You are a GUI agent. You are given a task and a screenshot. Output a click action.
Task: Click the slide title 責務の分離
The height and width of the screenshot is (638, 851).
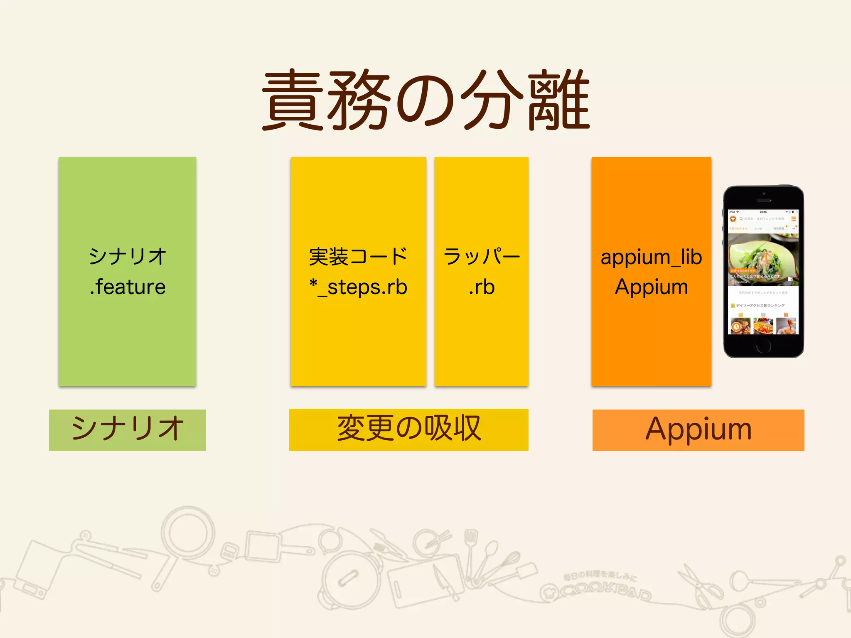(x=425, y=100)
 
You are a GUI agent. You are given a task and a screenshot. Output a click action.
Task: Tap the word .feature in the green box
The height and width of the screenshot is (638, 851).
(x=128, y=287)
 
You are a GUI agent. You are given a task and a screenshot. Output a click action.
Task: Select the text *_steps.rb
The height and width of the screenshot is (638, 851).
(x=358, y=287)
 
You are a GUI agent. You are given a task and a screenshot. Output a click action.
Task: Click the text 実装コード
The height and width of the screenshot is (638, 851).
(x=358, y=256)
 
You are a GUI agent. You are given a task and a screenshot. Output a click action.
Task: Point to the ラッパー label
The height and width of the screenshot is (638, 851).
(x=482, y=256)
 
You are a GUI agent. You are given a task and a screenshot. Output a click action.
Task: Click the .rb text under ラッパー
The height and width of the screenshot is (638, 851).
(x=482, y=287)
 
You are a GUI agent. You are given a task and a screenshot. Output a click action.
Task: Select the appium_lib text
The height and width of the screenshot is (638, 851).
(x=651, y=257)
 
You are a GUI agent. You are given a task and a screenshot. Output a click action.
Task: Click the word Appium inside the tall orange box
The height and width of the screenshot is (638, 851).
(x=651, y=287)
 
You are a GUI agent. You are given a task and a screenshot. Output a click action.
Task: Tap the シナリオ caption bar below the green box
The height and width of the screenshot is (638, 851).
(x=128, y=430)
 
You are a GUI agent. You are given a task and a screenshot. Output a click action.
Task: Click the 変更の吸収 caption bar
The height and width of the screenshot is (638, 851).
(x=409, y=429)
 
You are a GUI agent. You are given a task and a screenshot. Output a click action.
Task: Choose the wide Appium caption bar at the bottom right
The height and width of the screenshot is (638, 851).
(x=698, y=430)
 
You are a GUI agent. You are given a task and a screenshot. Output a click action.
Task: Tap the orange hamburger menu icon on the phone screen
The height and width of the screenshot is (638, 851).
(x=793, y=219)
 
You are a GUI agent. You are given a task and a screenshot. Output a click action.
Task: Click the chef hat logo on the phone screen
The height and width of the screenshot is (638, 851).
(x=733, y=219)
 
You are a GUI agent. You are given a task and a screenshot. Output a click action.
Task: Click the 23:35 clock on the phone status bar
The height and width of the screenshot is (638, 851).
(x=763, y=212)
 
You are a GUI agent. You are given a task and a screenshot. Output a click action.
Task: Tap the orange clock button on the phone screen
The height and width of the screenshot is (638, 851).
(x=736, y=327)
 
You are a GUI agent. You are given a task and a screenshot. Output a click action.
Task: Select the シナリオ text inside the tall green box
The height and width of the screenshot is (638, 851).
(x=128, y=256)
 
